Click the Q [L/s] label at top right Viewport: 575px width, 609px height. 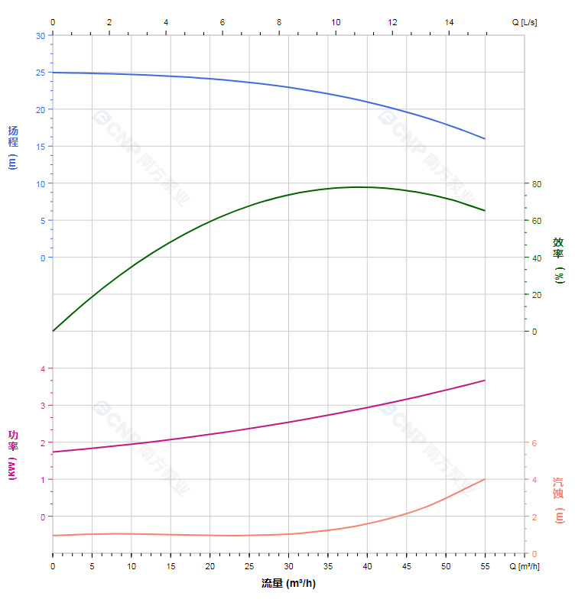click(x=524, y=22)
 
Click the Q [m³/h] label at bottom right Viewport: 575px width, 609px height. click(x=525, y=566)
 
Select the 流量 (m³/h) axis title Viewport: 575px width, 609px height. click(x=288, y=584)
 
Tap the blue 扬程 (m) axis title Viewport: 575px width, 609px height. click(x=12, y=147)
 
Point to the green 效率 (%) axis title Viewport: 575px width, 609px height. click(x=558, y=260)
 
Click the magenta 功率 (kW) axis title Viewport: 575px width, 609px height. click(x=12, y=455)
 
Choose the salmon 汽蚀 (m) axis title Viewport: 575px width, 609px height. click(x=558, y=500)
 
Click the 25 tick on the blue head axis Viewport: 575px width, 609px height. click(x=41, y=73)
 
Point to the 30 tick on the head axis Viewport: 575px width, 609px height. click(x=41, y=36)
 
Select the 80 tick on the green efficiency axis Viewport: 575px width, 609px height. click(x=537, y=184)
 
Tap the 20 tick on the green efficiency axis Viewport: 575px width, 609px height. click(x=537, y=295)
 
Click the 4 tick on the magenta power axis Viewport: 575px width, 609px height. click(x=43, y=369)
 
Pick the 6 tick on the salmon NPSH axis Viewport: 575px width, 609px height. click(x=534, y=443)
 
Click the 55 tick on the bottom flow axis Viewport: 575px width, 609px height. click(x=485, y=566)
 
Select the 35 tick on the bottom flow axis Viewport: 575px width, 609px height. click(x=327, y=566)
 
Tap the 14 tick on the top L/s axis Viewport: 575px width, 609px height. click(x=449, y=22)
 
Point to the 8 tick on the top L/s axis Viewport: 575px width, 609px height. click(x=279, y=22)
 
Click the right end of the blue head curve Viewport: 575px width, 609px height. click(x=485, y=138)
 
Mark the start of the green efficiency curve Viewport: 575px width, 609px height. click(x=53, y=331)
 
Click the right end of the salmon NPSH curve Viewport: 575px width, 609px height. click(x=485, y=479)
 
